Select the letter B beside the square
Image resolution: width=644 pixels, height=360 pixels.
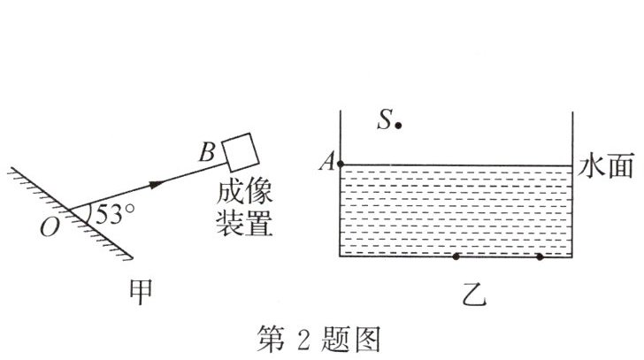pos(206,153)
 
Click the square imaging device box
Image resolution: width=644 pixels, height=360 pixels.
pos(241,151)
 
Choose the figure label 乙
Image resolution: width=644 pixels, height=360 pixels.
pos(472,292)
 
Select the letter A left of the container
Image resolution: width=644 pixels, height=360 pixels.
pos(328,163)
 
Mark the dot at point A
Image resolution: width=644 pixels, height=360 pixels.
pos(341,165)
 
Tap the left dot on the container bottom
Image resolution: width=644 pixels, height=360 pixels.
pos(456,257)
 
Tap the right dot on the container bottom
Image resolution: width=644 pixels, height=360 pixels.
pos(540,257)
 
